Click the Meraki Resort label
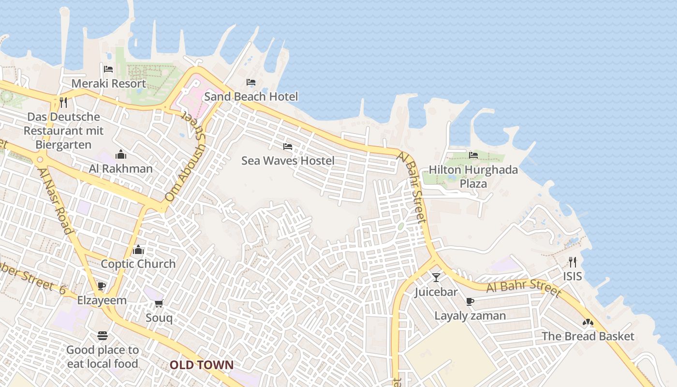click(108, 83)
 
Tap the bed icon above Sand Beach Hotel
click(250, 82)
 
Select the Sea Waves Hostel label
click(288, 160)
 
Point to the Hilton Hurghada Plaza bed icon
click(473, 155)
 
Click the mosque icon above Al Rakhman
click(121, 154)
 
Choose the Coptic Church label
click(138, 264)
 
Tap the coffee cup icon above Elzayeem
click(102, 286)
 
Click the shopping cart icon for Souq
click(159, 303)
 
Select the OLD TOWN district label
click(202, 365)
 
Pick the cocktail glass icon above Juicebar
click(436, 277)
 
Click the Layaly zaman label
click(470, 316)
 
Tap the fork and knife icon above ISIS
click(573, 262)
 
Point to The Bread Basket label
click(588, 336)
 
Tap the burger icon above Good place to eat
click(102, 335)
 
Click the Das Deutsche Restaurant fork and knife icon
click(63, 102)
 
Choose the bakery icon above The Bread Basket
click(588, 322)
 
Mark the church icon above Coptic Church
click(138, 250)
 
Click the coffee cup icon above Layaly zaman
click(470, 301)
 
